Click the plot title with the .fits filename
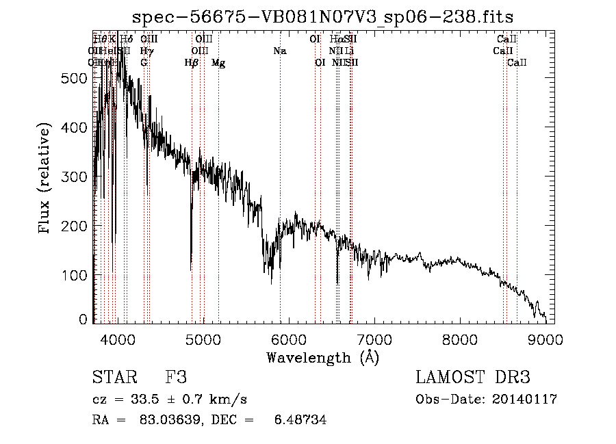click(322, 16)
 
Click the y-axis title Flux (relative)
click(46, 179)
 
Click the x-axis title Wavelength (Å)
click(322, 357)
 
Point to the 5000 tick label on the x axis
click(203, 339)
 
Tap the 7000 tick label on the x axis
click(374, 339)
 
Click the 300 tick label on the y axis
click(75, 177)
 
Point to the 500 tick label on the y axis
click(75, 78)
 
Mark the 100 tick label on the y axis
click(75, 275)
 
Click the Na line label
click(279, 51)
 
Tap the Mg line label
click(218, 63)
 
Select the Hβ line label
click(192, 63)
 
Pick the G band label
click(144, 63)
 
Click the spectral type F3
click(176, 377)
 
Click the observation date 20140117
click(524, 400)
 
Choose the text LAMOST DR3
click(473, 377)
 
